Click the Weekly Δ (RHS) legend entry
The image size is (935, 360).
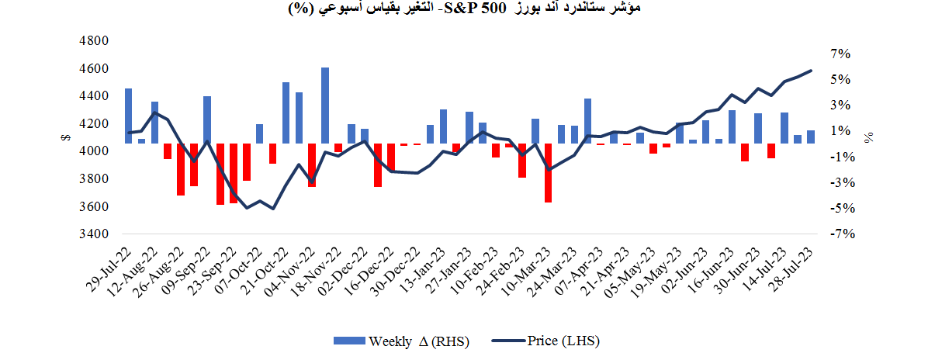click(x=401, y=341)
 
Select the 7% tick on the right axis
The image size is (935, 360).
click(x=841, y=54)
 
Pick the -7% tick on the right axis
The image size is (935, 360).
click(x=840, y=234)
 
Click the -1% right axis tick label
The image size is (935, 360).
click(x=840, y=157)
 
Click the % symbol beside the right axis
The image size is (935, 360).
click(x=869, y=137)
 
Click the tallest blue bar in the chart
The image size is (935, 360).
click(x=325, y=106)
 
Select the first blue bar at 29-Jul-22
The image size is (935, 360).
click(x=129, y=116)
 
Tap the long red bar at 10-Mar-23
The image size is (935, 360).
click(x=548, y=172)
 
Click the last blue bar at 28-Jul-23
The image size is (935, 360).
click(x=811, y=137)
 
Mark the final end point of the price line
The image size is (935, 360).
click(x=812, y=71)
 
